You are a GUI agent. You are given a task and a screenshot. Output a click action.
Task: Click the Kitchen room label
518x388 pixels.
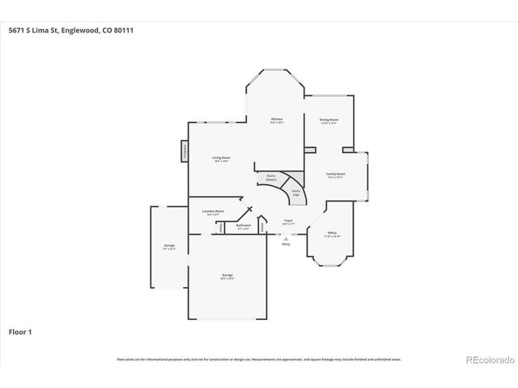(x=276, y=121)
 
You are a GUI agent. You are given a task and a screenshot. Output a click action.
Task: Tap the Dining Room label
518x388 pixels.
(x=329, y=121)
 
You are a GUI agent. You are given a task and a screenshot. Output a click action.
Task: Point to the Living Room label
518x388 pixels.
(x=221, y=159)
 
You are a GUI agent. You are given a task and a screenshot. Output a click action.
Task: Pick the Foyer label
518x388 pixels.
(x=287, y=221)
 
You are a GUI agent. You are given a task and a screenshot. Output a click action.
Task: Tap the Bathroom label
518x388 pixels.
(x=244, y=228)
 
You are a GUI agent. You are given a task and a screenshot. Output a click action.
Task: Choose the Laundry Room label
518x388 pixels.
(x=213, y=213)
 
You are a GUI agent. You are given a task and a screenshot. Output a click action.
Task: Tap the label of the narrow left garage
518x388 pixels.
(x=169, y=247)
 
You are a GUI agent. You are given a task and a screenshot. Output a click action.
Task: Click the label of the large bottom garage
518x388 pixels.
(x=227, y=276)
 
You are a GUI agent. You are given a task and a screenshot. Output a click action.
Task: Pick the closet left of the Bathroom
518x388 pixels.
(x=221, y=228)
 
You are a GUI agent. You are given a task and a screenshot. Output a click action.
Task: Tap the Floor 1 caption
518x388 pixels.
(x=20, y=331)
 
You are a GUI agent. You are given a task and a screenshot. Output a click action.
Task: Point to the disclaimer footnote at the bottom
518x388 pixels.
(x=258, y=359)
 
